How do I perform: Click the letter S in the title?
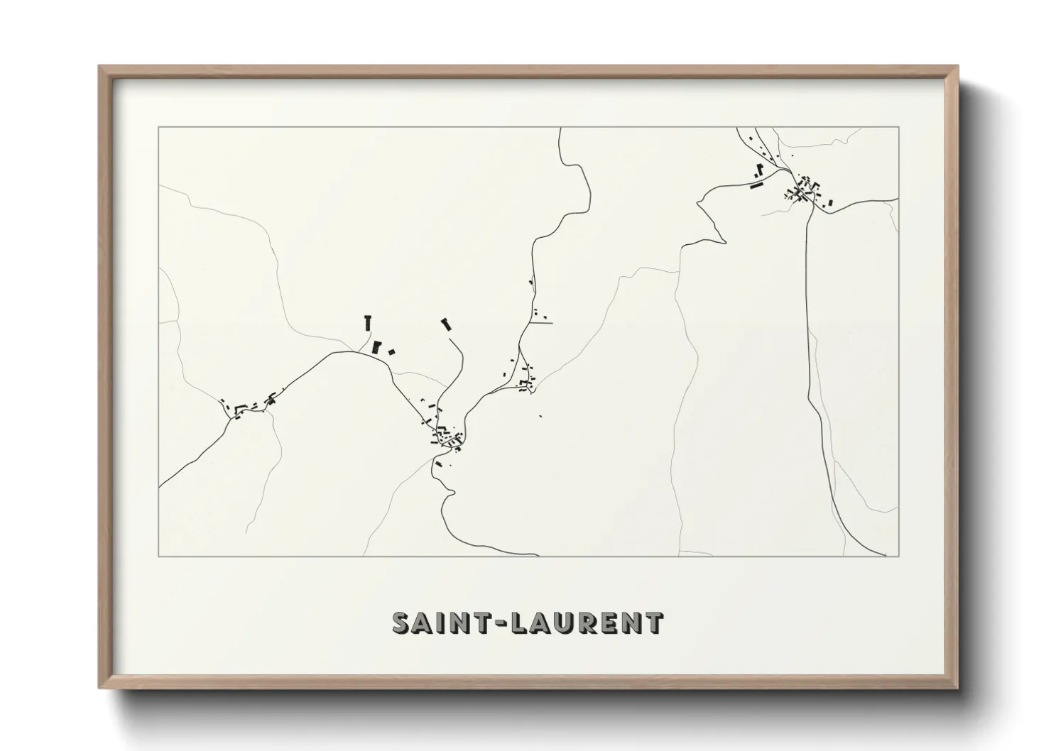[x=403, y=623]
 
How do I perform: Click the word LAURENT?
[x=589, y=623]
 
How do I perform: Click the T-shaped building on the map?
[x=367, y=322]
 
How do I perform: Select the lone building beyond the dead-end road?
[x=447, y=324]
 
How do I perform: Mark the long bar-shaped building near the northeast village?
[x=756, y=185]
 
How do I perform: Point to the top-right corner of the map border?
[x=899, y=127]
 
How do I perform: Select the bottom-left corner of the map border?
[x=159, y=556]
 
